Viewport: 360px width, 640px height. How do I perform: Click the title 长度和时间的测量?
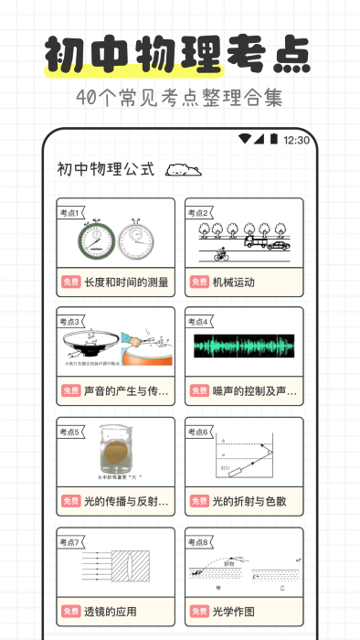point(126,283)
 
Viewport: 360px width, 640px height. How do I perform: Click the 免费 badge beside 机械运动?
point(199,283)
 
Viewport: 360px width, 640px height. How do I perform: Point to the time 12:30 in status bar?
point(296,141)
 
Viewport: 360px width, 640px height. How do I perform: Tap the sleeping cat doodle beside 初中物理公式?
point(184,169)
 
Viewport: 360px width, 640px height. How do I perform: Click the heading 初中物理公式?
point(106,170)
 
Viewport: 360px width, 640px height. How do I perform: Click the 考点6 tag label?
point(200,432)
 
